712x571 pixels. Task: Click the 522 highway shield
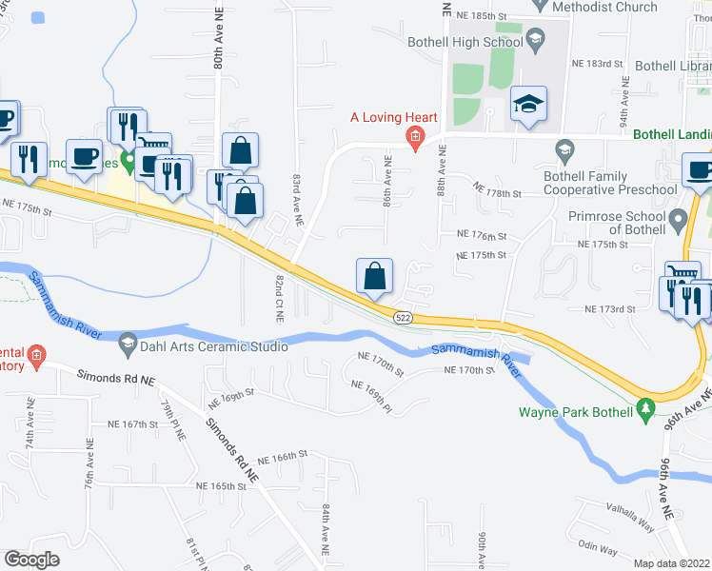(x=404, y=318)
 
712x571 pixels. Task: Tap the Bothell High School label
(x=465, y=42)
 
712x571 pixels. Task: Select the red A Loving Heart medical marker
(x=415, y=137)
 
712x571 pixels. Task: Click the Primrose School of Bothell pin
(x=677, y=222)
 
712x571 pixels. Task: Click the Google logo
(x=31, y=560)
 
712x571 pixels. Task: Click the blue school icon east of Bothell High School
(x=527, y=105)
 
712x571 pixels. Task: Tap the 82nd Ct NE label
(x=280, y=299)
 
